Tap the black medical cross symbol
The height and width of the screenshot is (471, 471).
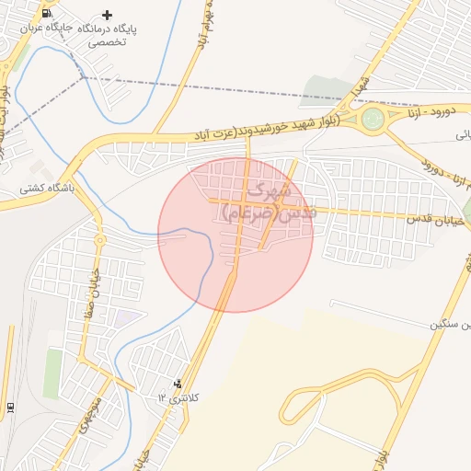pos(109,15)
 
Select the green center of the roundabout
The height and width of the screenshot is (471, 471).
pos(373,118)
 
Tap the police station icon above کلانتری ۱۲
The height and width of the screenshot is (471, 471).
pos(178,384)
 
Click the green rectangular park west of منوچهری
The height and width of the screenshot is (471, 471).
pos(53,372)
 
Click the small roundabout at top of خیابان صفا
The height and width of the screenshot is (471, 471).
pos(99,240)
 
